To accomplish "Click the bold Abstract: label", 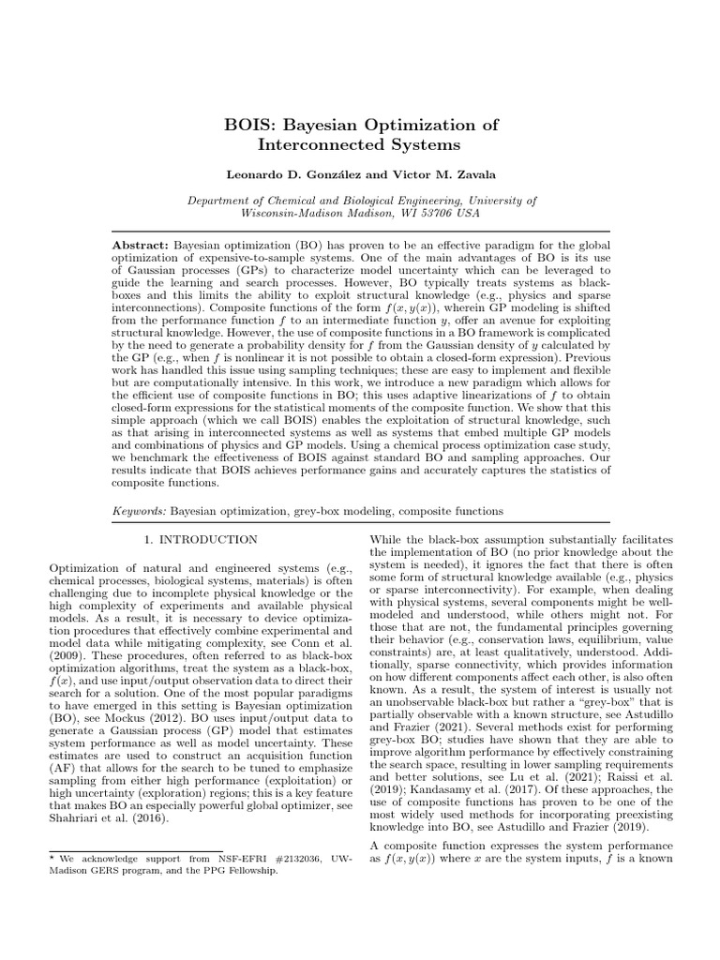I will click(x=140, y=244).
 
